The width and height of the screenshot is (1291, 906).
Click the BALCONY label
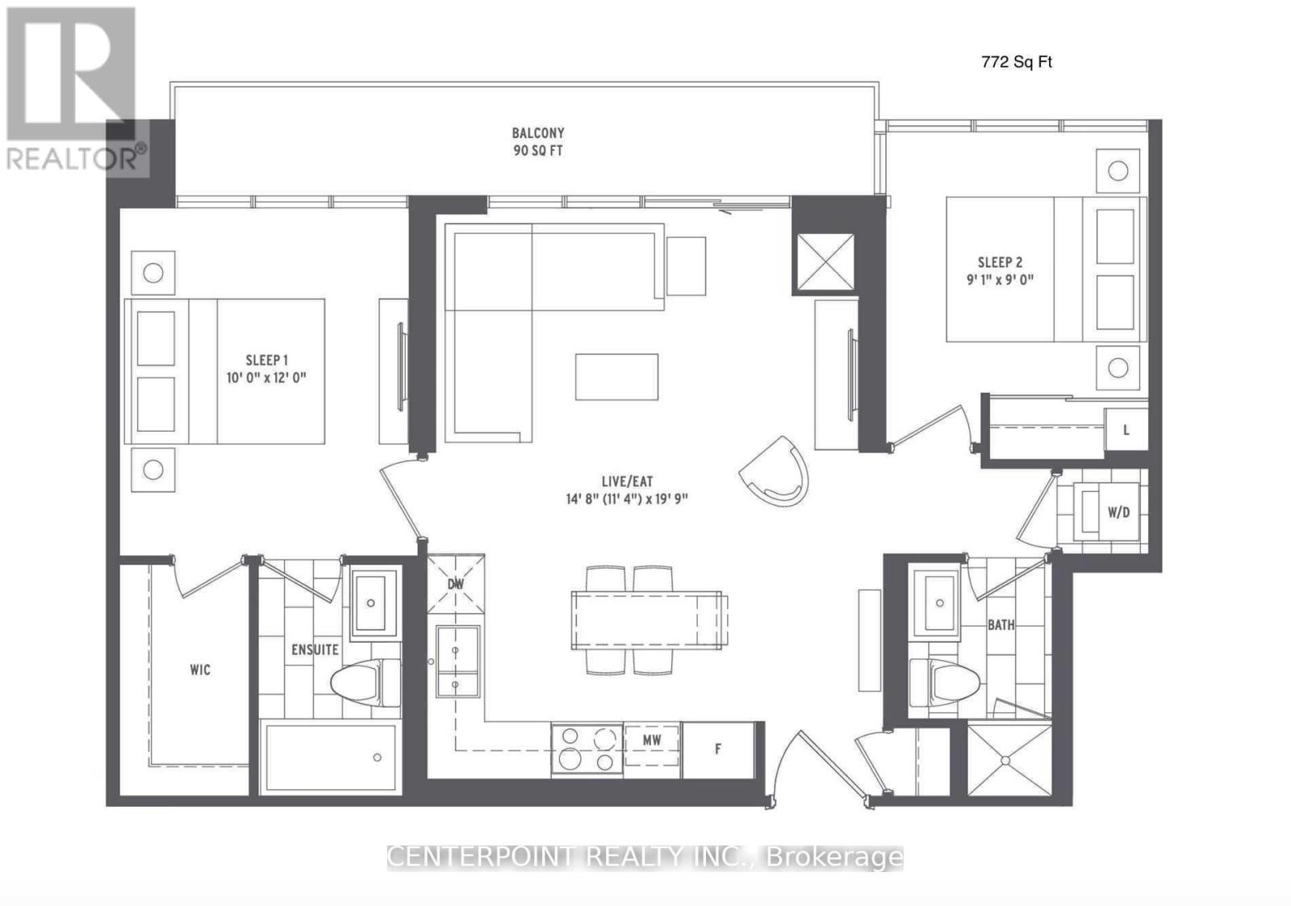coord(537,133)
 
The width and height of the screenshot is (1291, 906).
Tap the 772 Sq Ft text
coord(1017,62)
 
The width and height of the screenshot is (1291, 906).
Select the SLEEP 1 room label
coord(266,360)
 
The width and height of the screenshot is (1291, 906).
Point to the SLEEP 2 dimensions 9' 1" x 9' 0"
coord(1000,280)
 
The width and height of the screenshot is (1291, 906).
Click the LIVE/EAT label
coord(627,482)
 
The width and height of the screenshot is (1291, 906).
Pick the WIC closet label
coord(200,670)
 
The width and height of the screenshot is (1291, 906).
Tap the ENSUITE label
coord(315,649)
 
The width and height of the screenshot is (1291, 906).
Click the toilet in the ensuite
coord(366,683)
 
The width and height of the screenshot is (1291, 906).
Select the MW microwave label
coord(652,741)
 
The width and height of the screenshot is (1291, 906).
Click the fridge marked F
coord(718,749)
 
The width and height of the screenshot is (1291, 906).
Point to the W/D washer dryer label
coord(1118,512)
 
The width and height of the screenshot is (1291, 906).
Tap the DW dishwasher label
coord(456,584)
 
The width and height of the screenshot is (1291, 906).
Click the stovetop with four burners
coord(587,749)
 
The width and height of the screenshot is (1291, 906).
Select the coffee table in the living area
coord(616,377)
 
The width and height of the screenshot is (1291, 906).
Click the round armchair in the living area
coord(774,471)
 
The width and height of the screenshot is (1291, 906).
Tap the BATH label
coord(1001,624)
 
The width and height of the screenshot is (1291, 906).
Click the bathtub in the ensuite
coord(330,758)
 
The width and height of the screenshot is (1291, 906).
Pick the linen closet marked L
coord(1126,430)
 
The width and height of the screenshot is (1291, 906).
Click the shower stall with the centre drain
coord(1009,760)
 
